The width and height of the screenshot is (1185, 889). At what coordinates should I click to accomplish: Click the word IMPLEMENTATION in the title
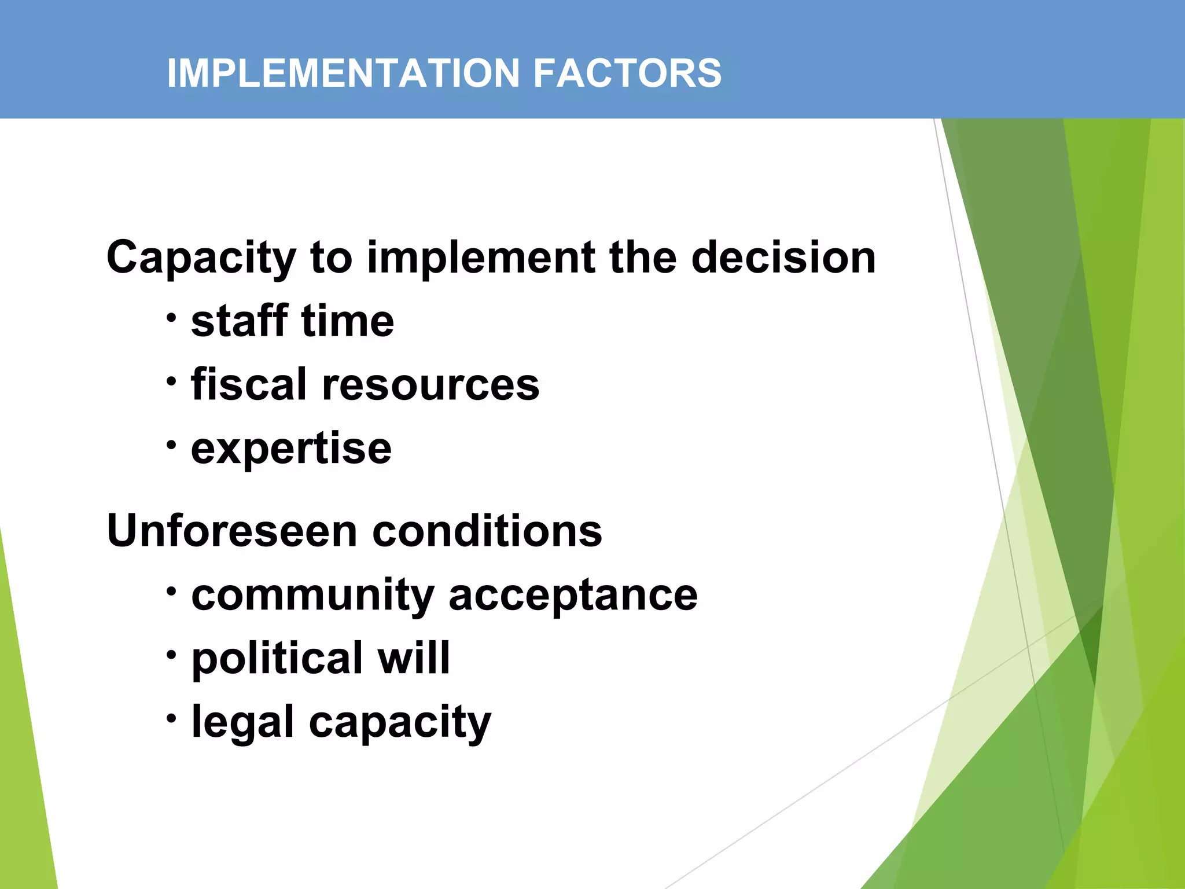(x=343, y=73)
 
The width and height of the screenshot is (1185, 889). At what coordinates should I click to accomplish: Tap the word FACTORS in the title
(x=627, y=73)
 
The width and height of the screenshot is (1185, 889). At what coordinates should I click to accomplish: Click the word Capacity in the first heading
(x=201, y=258)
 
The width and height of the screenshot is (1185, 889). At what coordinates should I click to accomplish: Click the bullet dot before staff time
(x=171, y=318)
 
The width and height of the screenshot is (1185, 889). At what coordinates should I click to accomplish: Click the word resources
(x=430, y=385)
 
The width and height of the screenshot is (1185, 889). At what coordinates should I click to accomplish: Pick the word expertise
(x=291, y=449)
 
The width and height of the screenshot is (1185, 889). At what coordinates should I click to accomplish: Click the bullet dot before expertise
(x=171, y=445)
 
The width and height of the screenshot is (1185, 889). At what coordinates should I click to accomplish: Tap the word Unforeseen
(x=232, y=531)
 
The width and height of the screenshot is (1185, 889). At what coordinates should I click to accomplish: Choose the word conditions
(x=487, y=531)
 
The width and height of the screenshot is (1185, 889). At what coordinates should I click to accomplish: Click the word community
(x=312, y=596)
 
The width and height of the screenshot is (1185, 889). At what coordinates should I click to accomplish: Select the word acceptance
(x=573, y=596)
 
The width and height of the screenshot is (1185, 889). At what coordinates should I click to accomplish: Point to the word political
(x=277, y=659)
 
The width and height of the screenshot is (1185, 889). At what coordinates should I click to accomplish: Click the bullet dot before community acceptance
(x=171, y=592)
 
